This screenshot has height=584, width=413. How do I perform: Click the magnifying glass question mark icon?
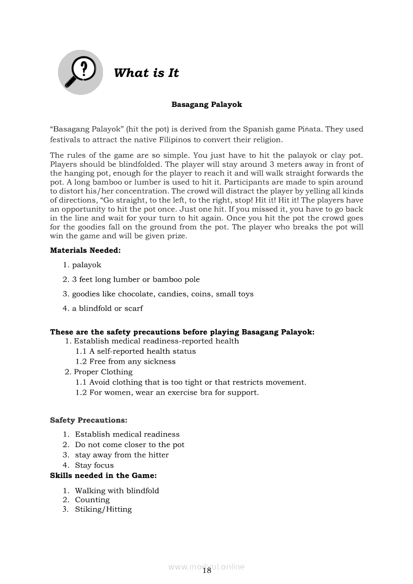click(80, 72)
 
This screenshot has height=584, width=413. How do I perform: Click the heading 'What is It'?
click(146, 73)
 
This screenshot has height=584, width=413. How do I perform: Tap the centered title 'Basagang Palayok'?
click(206, 104)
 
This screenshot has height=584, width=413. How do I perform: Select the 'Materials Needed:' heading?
click(85, 250)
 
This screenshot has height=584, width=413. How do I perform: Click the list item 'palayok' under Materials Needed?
click(86, 265)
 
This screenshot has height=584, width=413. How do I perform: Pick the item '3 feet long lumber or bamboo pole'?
click(135, 279)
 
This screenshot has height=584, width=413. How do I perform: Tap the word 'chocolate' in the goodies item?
click(136, 294)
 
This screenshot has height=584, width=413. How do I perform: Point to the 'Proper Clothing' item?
click(103, 372)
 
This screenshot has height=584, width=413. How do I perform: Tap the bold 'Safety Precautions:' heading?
click(88, 420)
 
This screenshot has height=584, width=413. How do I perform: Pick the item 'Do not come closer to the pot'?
click(129, 445)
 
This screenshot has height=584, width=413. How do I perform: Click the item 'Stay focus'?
click(94, 465)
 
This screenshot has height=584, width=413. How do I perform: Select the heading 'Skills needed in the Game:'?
click(103, 476)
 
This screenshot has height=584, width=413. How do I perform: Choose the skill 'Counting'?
click(92, 500)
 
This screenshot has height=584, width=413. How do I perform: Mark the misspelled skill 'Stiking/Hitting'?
click(103, 509)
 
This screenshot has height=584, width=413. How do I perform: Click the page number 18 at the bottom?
click(207, 571)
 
